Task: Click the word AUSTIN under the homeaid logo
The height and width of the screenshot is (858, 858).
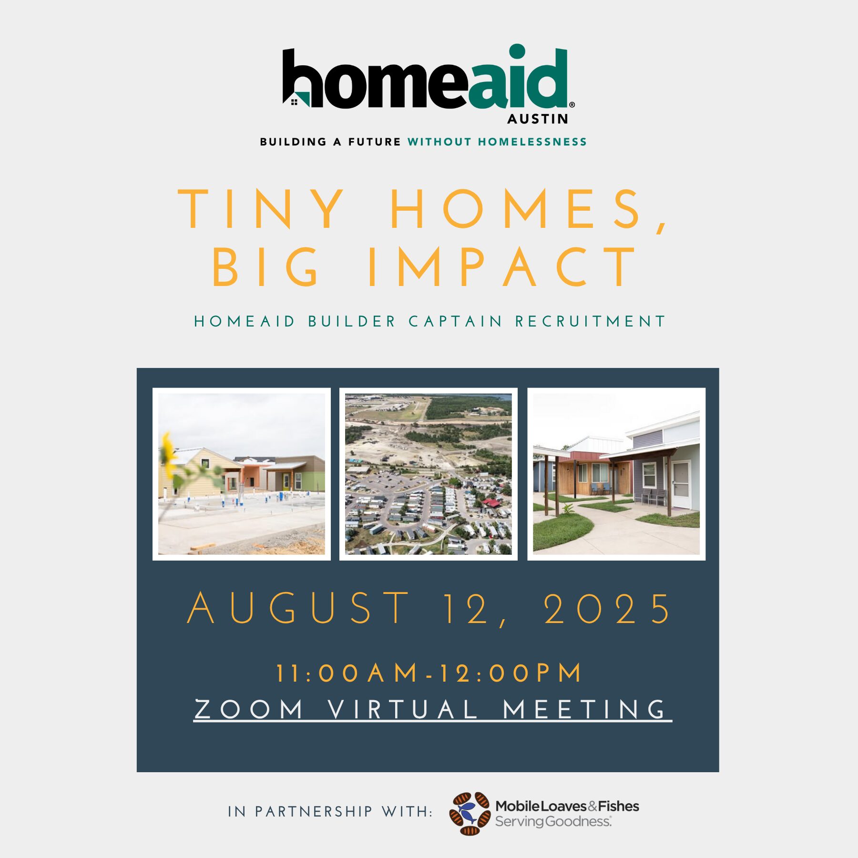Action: point(538,119)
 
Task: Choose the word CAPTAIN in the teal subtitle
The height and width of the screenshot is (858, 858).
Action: point(455,321)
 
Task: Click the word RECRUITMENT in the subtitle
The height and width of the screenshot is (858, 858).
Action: point(590,321)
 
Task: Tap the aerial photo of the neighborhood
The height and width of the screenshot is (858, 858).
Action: point(428,474)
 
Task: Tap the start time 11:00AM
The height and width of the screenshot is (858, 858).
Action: point(347,673)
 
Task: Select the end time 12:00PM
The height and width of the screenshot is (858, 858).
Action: point(510,673)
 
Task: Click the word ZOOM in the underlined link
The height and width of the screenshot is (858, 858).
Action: point(249,709)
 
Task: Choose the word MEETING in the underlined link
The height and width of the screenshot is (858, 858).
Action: point(584,709)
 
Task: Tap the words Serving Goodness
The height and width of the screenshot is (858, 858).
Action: point(553,821)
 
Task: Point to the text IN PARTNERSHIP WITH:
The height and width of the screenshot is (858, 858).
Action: point(330,811)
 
